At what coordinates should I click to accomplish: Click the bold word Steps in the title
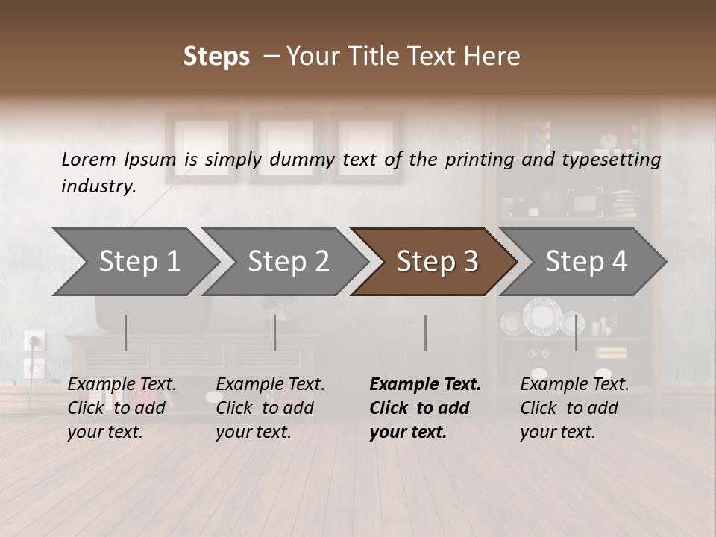coord(216,57)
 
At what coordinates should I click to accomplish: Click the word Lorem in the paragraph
coord(89,159)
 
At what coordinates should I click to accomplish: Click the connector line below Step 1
coord(126,333)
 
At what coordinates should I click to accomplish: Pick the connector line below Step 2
coord(275,333)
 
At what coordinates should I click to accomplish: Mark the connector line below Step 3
coord(425,333)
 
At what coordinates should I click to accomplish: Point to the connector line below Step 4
coord(576,333)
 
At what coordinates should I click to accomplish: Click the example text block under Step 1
coord(122,408)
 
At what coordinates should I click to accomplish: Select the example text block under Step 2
coord(270,408)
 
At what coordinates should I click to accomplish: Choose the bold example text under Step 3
coord(425,408)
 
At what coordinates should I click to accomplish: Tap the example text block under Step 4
coord(574,408)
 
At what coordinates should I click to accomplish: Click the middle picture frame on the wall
coord(285,147)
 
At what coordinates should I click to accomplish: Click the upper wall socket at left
coord(35,341)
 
